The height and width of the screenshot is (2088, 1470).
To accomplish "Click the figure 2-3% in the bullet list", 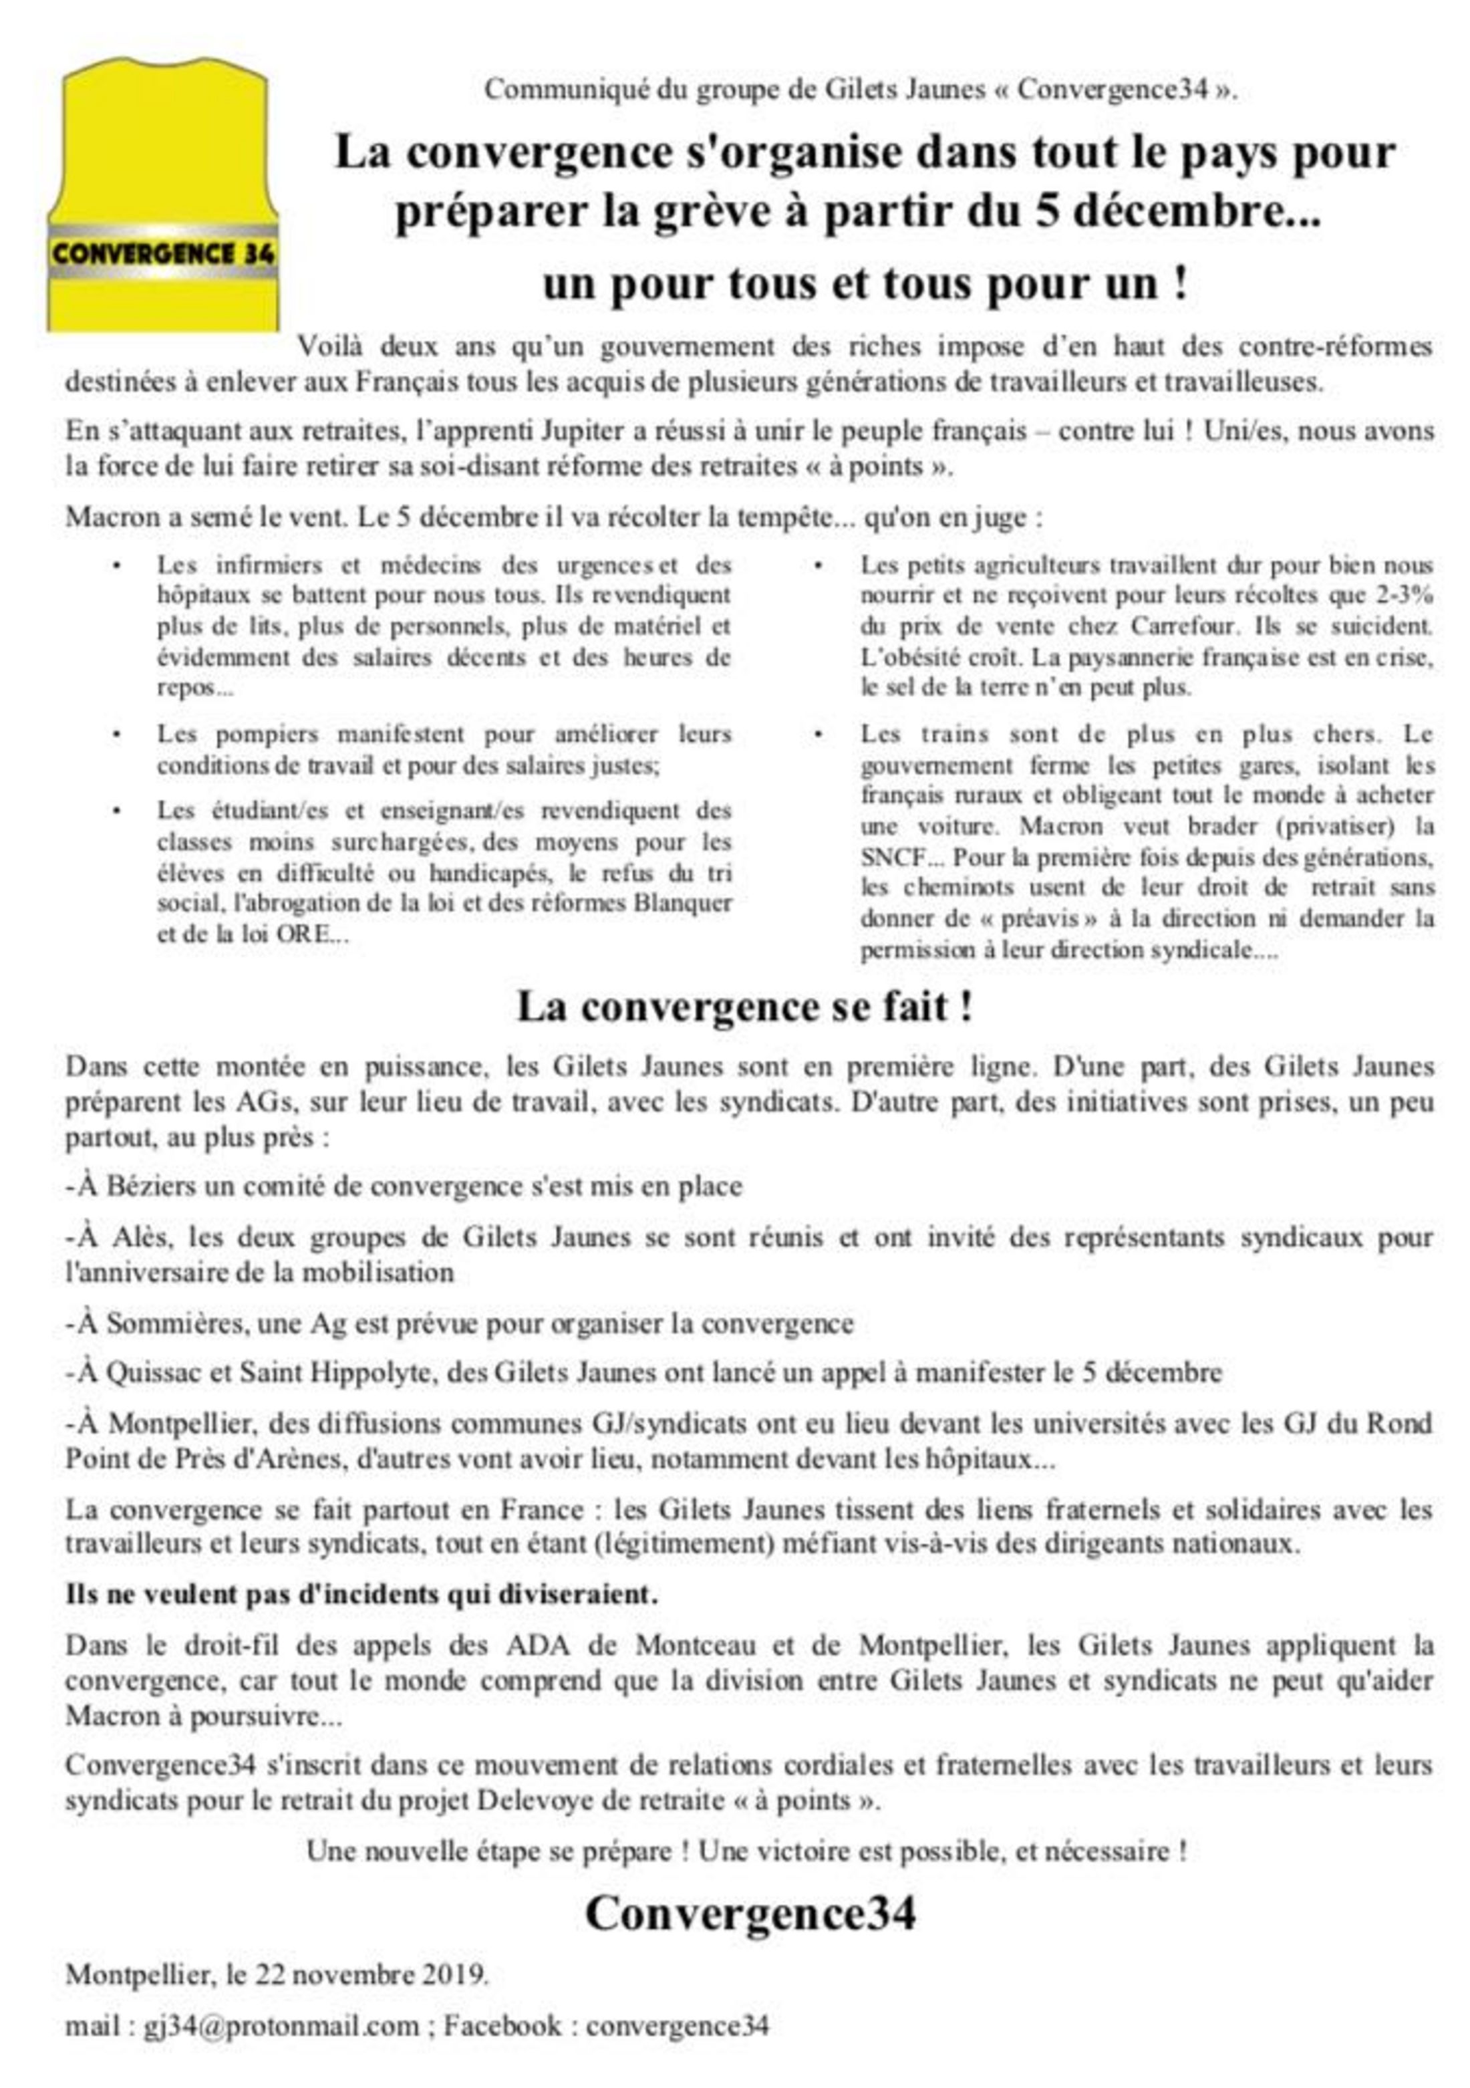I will (1403, 596).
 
